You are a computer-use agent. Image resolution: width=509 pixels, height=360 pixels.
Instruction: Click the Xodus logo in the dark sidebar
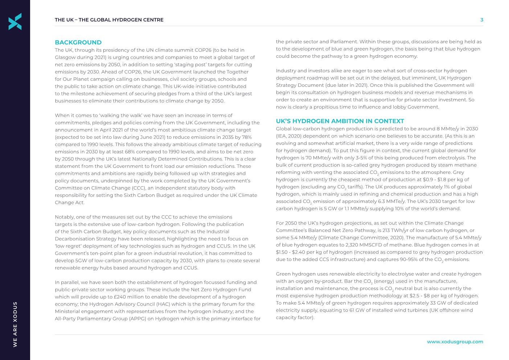[15, 21]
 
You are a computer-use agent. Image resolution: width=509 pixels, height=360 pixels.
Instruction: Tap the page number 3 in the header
[481, 20]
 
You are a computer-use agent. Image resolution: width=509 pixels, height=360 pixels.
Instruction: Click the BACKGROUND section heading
[78, 42]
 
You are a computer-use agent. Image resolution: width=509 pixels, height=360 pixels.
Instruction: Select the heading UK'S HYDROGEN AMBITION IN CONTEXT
[340, 121]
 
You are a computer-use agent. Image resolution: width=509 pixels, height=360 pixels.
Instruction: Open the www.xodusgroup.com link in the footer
[455, 341]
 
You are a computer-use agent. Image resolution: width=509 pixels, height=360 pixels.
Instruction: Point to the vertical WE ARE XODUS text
[15, 324]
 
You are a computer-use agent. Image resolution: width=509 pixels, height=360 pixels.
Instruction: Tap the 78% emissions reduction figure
[247, 137]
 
